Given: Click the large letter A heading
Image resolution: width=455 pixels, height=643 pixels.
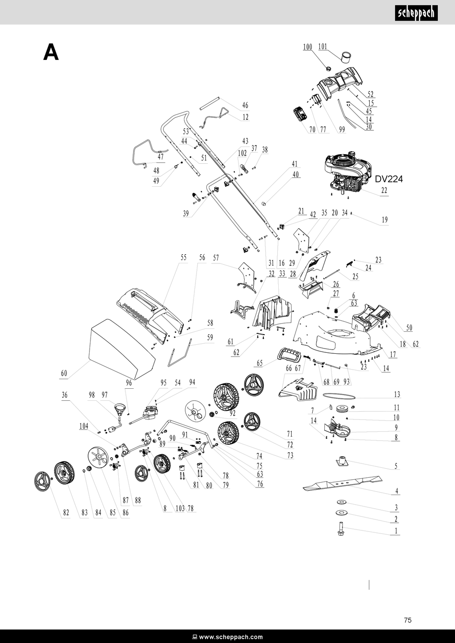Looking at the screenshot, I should pos(51,52).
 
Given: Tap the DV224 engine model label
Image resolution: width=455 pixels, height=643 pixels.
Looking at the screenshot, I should pos(388,179).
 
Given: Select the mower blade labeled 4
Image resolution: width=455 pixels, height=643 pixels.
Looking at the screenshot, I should pos(342,482).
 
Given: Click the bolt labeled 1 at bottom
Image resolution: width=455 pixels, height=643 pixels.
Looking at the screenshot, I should pos(341,530).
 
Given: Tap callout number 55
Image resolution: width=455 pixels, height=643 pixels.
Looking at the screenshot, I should pos(183,258).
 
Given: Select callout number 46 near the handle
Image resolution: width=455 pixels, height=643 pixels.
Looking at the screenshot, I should pos(245,105).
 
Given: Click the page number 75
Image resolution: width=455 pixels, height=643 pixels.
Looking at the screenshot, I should pos(408,620).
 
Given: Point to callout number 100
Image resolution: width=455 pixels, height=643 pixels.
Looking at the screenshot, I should pos(307,47).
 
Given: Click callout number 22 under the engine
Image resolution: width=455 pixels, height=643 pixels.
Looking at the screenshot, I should pos(384,190).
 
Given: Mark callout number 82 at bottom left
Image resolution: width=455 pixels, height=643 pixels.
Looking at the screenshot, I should pos(66,513).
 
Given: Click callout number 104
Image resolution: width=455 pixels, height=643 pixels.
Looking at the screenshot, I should pos(84,426).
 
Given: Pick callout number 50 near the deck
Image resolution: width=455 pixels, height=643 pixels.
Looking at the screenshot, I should pos(409,328).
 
